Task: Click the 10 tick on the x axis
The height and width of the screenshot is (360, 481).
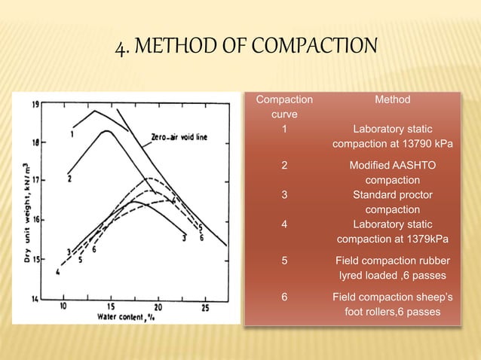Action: [x=64, y=307]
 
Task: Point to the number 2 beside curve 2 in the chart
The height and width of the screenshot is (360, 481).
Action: [x=69, y=179]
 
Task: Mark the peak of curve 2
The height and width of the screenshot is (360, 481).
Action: [x=108, y=131]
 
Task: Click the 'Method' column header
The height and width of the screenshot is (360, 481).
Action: [x=392, y=99]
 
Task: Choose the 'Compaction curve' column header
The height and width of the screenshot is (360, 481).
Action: [x=283, y=106]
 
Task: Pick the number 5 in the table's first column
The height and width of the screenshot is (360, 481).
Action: [x=283, y=263]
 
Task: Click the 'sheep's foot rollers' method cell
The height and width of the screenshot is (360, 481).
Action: [x=392, y=304]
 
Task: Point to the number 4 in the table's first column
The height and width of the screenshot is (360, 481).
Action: [x=283, y=224]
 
